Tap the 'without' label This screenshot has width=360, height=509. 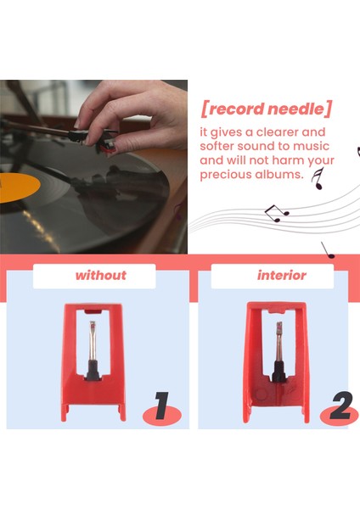100,275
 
